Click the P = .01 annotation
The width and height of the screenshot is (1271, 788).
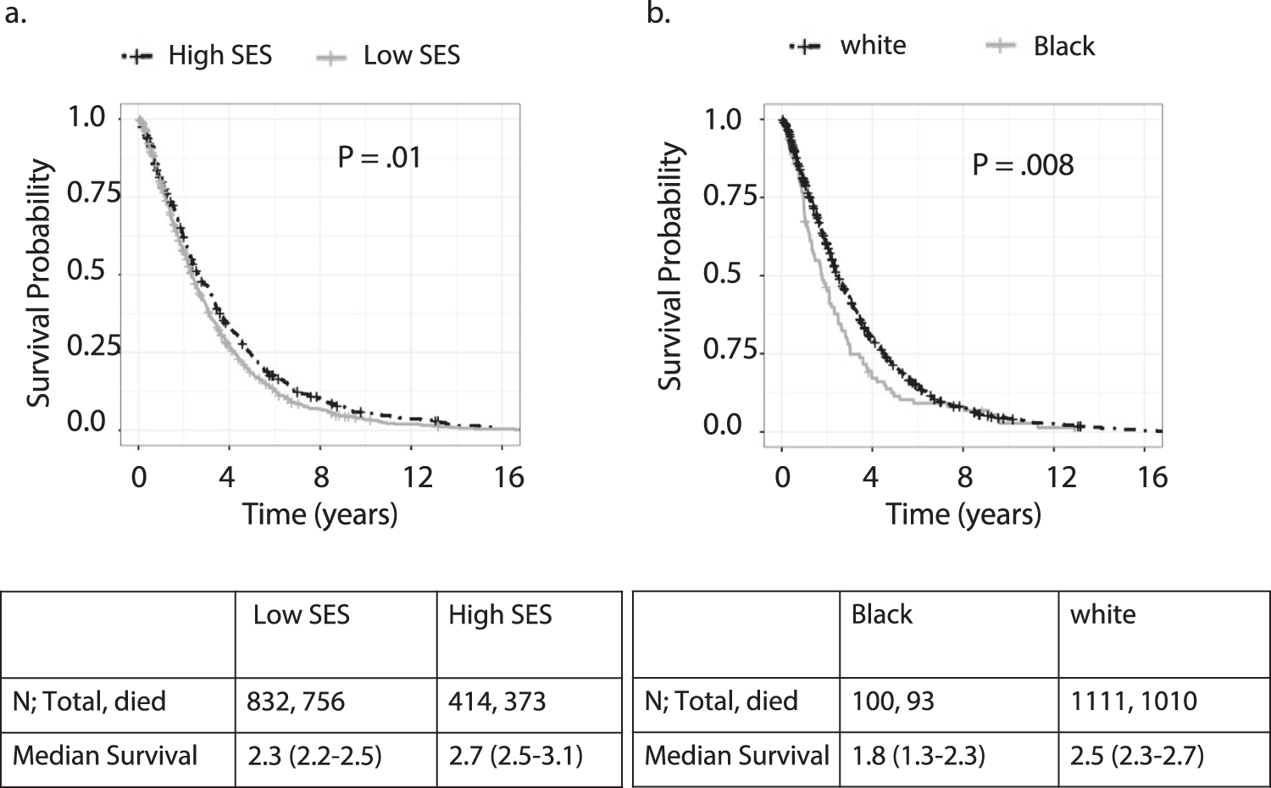coord(379,158)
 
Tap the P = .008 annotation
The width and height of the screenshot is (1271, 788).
coord(1022,164)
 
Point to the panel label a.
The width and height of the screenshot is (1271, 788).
coord(15,14)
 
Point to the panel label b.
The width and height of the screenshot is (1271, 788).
coord(658,14)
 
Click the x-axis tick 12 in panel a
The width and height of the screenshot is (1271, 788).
coord(416,478)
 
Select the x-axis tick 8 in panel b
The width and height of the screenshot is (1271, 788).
coord(964,478)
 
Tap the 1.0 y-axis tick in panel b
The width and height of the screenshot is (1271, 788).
coord(722,119)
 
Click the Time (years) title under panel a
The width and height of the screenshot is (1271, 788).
coord(319,514)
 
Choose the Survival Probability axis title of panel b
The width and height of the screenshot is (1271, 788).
coord(670,266)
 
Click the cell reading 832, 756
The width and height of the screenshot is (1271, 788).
coord(296,702)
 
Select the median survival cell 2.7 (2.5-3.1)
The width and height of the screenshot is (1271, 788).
coord(515,756)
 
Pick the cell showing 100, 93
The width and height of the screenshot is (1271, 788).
coord(892,702)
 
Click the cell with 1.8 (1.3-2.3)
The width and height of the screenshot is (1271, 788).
coord(918,756)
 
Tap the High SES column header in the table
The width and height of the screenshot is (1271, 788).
coord(500,615)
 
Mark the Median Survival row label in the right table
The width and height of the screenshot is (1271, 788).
coord(736,756)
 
